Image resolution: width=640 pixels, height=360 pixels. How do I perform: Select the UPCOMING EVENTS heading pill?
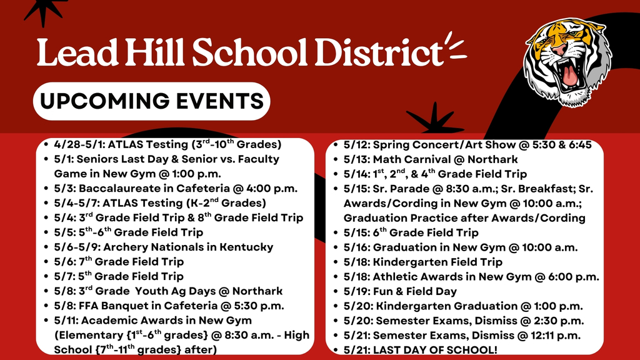pyautogui.click(x=151, y=101)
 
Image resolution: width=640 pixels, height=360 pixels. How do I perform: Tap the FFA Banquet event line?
pyautogui.click(x=169, y=306)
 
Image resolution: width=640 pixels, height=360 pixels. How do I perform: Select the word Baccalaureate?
pyautogui.click(x=113, y=188)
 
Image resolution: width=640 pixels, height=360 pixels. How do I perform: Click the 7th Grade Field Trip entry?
pyautogui.click(x=119, y=261)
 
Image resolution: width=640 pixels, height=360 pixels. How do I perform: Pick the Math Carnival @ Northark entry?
pyautogui.click(x=431, y=159)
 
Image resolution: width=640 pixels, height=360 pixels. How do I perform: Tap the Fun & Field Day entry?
pyautogui.click(x=400, y=291)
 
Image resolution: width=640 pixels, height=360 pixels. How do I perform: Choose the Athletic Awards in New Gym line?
pyautogui.click(x=471, y=276)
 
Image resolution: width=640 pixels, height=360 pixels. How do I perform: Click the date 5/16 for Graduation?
pyautogui.click(x=357, y=247)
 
